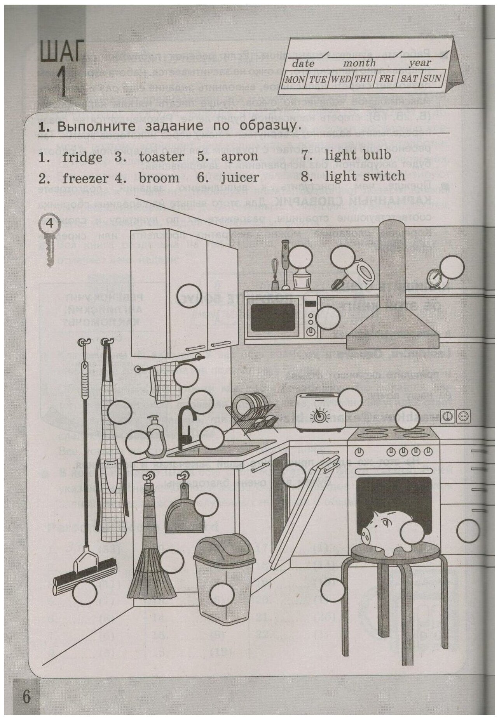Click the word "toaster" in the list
161,156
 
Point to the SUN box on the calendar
432,78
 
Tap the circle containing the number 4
49,224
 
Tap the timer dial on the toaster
321,416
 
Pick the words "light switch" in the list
365,177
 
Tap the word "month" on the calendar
359,63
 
